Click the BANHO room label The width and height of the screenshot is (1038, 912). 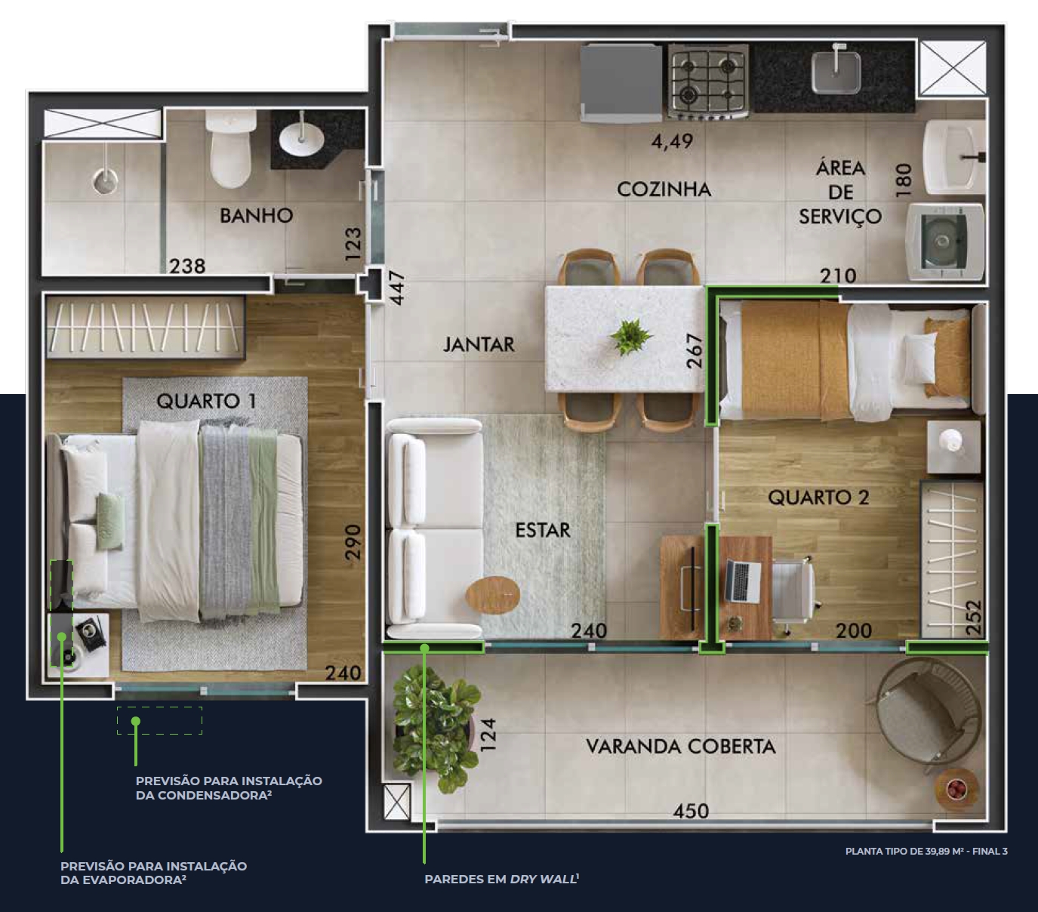click(x=256, y=216)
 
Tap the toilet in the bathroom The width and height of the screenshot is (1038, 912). click(x=230, y=148)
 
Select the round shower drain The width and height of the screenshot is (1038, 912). click(x=105, y=181)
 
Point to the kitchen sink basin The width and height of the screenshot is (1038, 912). click(x=836, y=73)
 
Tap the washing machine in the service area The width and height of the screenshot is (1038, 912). click(x=945, y=242)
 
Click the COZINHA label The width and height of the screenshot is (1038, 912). click(x=664, y=189)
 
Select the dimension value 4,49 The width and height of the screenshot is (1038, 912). click(x=672, y=141)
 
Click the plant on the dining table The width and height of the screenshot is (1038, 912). click(x=630, y=337)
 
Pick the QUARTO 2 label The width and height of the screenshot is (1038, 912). click(x=818, y=497)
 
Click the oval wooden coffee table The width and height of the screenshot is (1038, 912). click(x=492, y=595)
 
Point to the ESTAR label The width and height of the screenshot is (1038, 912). click(x=543, y=530)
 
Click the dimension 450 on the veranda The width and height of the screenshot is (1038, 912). click(x=691, y=811)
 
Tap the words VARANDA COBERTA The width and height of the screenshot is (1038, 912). click(x=680, y=747)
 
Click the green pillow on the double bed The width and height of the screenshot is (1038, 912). click(x=109, y=522)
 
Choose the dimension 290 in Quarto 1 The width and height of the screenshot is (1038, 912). click(x=353, y=542)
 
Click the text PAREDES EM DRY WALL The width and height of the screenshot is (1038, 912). click(x=501, y=880)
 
